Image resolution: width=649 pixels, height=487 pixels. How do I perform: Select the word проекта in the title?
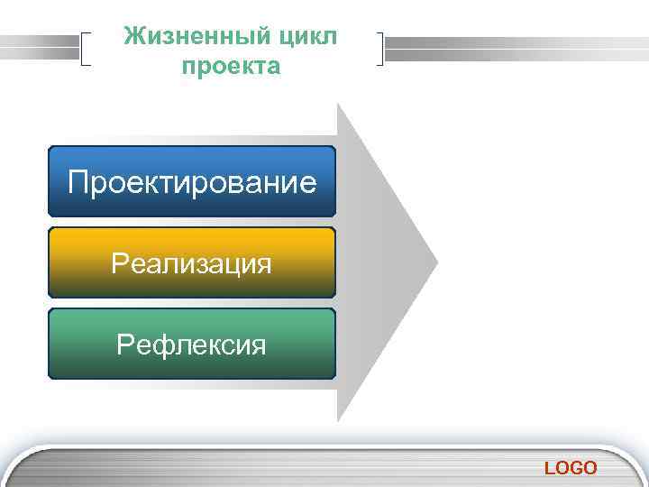231,67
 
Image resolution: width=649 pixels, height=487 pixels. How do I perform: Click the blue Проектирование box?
191,182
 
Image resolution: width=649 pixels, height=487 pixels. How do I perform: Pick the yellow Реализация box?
191,263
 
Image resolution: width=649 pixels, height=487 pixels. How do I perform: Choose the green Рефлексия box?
191,345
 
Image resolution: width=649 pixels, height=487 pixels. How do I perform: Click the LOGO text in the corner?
570,467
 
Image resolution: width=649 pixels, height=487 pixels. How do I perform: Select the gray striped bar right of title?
514,48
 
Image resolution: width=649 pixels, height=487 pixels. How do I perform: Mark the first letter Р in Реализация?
119,264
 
